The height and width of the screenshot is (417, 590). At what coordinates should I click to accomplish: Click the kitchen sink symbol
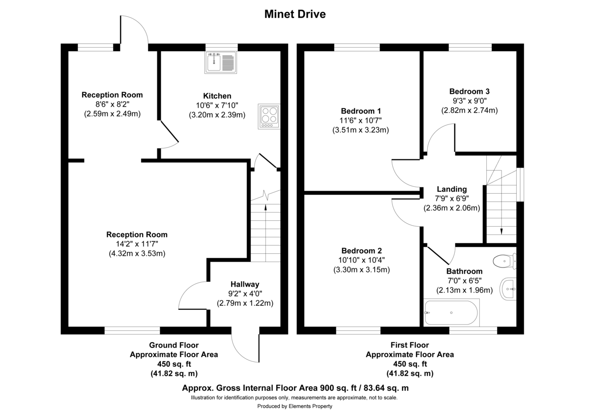pos(221,63)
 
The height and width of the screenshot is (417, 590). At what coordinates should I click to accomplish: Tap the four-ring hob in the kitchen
pos(268,117)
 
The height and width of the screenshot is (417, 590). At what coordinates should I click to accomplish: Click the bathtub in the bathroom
pos(450,313)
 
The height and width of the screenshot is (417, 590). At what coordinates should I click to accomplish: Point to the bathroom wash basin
pos(508,289)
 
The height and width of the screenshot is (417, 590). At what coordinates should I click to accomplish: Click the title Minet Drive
pos(295,14)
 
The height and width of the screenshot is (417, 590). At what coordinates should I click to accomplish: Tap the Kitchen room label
pos(217,96)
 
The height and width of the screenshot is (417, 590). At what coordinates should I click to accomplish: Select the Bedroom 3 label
pos(469,91)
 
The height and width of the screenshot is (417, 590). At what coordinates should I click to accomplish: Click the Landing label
pos(452,189)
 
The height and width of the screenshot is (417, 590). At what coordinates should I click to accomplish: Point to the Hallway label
pos(245,284)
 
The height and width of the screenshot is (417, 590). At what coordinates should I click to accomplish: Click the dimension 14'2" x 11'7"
pos(137,244)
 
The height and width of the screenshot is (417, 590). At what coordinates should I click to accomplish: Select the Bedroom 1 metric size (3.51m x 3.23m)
pos(360,130)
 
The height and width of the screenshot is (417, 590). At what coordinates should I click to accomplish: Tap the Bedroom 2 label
pos(361,250)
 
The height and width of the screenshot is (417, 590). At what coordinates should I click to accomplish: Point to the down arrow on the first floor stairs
pos(501,231)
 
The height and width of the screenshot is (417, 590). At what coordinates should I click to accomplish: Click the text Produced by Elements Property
pos(295,406)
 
